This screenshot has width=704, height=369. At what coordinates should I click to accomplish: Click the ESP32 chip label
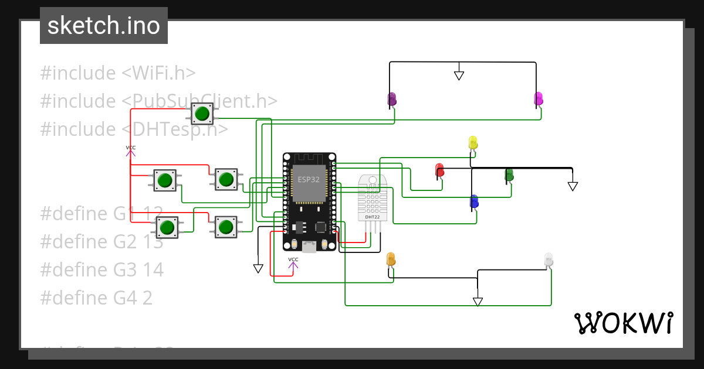tap(309, 179)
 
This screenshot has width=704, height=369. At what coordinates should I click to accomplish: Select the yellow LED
tap(473, 142)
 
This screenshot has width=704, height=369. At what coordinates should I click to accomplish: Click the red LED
tap(439, 170)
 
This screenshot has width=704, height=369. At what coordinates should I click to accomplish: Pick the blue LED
tap(474, 201)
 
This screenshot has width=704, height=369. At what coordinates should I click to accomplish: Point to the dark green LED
tap(509, 174)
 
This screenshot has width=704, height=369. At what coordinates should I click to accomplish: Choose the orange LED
tap(391, 258)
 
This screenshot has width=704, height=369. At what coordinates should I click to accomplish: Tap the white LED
tap(548, 259)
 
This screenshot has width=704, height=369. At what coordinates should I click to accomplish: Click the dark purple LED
tap(392, 99)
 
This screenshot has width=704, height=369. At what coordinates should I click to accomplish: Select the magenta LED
tap(539, 98)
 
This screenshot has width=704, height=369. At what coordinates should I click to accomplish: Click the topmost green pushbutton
tap(202, 113)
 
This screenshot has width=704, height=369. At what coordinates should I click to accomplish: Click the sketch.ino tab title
tap(104, 26)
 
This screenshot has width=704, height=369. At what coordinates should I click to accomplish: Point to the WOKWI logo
tap(623, 323)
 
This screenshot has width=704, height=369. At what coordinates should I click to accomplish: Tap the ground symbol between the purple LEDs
tap(459, 76)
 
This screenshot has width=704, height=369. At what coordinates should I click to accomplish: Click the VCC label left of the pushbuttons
tap(130, 148)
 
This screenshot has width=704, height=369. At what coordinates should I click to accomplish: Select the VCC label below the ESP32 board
tap(293, 259)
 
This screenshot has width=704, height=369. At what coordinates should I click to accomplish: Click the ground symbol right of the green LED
tap(573, 186)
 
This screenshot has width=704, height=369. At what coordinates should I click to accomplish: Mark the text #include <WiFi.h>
tap(118, 73)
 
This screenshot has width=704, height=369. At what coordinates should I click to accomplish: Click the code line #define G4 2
tap(96, 298)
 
